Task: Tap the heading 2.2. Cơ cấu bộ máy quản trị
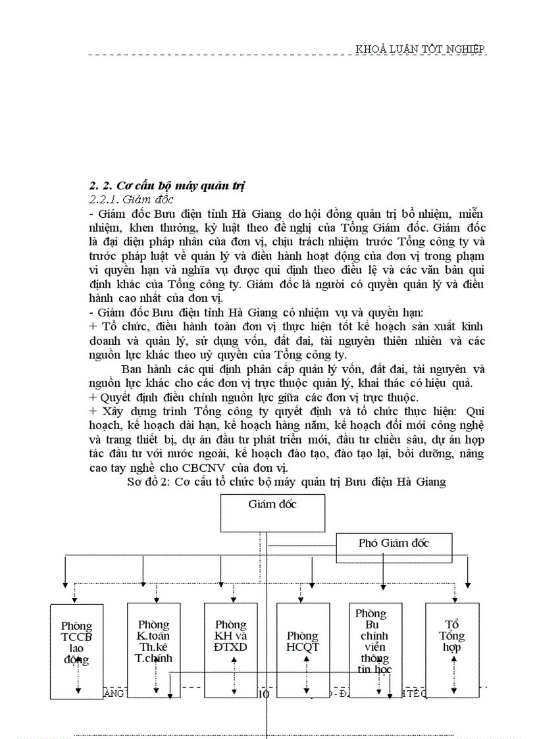[166, 186]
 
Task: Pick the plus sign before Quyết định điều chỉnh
[92, 398]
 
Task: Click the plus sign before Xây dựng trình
[92, 411]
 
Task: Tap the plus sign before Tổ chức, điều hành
[92, 327]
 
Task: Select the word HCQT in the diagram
[303, 646]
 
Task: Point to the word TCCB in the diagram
[76, 637]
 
